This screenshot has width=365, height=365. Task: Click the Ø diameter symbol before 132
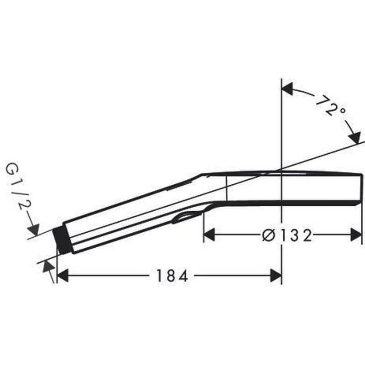(269, 235)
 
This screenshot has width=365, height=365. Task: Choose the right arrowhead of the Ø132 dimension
(356, 235)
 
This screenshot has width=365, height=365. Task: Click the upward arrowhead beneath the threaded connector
(47, 267)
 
